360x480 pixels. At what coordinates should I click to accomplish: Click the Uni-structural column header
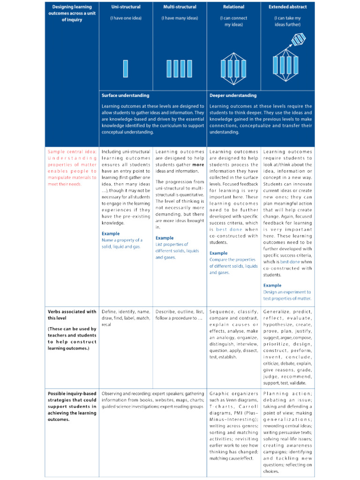pos(126,7)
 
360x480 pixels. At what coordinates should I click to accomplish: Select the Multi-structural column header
pos(180,7)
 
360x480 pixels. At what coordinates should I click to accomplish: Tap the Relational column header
pos(233,7)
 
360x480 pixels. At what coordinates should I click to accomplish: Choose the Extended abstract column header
pos(287,7)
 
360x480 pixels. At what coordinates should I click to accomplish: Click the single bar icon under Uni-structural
pos(126,68)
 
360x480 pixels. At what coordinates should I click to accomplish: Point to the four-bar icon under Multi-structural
pos(180,68)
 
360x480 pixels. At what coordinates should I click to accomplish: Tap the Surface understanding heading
pos(126,96)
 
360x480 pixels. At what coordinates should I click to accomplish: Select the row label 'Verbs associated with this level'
pos(72,315)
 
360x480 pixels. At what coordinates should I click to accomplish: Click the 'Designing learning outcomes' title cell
pos(72,14)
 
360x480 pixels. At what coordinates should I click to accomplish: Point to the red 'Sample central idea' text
pos(72,168)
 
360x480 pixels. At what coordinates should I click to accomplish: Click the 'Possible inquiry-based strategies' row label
pos(72,403)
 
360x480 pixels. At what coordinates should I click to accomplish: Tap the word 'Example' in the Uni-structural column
pos(111,233)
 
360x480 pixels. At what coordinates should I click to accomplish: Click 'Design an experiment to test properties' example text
pos(287,295)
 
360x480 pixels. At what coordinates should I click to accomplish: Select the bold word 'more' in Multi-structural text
pos(198,165)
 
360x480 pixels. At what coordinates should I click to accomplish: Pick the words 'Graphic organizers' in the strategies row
pos(234,394)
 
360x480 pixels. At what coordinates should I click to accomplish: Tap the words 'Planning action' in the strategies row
pos(287,394)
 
